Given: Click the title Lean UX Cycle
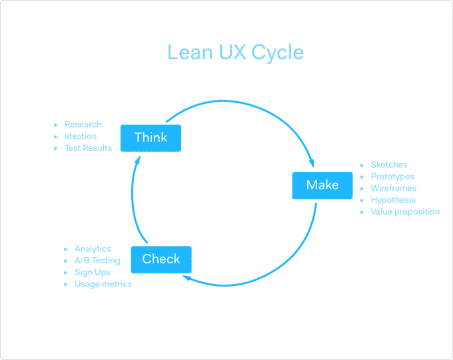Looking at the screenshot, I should (235, 52).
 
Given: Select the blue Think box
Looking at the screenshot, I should (151, 138).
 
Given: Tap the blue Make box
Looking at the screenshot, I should (322, 185).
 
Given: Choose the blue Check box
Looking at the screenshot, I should (161, 259).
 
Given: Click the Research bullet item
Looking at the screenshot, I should (83, 125).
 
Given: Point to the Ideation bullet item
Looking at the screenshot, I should (80, 136).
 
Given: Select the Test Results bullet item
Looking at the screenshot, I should (88, 148).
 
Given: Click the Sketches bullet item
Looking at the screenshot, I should (388, 165).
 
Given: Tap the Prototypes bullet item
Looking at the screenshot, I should (392, 177).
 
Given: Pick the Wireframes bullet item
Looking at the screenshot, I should (393, 188).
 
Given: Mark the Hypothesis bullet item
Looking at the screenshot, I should (392, 200).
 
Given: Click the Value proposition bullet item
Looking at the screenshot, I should (405, 211).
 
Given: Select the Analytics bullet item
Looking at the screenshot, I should (93, 249).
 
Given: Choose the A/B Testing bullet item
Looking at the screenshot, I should (97, 261).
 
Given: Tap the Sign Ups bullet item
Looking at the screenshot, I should (92, 272).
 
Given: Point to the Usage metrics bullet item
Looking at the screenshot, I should (103, 284).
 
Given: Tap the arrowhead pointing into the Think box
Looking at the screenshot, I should (137, 159).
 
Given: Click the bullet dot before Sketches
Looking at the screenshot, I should (362, 165).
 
